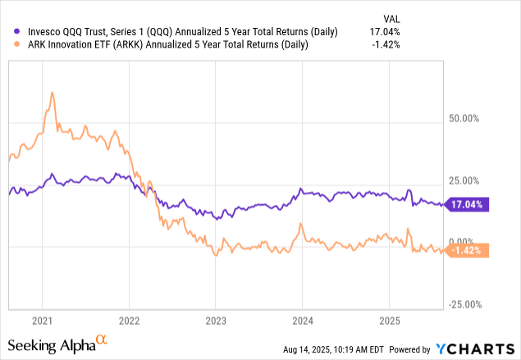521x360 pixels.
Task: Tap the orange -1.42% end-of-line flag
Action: [468, 251]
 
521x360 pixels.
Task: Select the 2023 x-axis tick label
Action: [216, 321]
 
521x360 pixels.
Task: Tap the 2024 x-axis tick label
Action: [303, 321]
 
